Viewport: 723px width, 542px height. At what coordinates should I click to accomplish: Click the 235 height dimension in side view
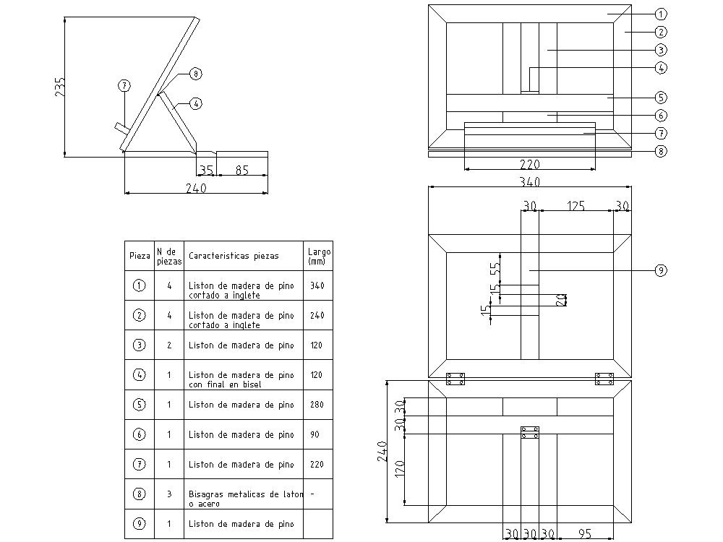[x=60, y=87]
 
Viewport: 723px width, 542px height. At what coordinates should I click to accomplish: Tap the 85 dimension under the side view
[x=242, y=170]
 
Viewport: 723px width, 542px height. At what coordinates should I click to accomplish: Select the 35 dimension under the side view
[x=206, y=170]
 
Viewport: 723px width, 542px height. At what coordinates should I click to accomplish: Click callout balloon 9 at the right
[x=661, y=270]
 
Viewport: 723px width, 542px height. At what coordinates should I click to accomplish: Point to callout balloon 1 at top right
[x=661, y=14]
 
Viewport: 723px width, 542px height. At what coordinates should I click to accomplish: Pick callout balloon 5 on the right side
[x=661, y=98]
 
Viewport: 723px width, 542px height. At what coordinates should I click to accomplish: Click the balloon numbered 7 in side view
[x=124, y=86]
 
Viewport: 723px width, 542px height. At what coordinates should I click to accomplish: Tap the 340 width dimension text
[x=530, y=181]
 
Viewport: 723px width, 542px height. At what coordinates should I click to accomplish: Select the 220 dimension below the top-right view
[x=530, y=164]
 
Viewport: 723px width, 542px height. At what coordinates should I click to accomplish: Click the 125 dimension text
[x=576, y=205]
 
